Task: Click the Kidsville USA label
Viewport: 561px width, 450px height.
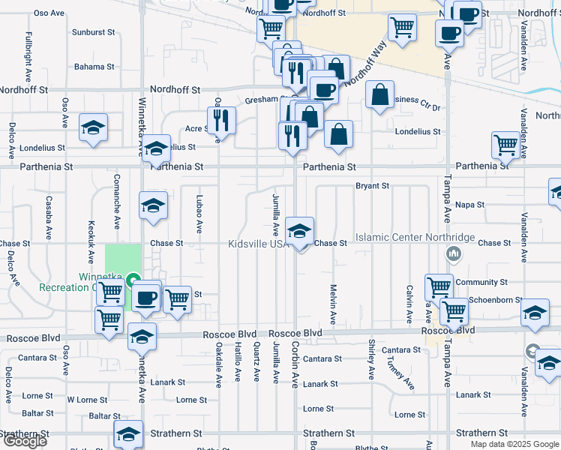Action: coord(259,244)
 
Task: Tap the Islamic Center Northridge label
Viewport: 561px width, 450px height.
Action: coord(415,238)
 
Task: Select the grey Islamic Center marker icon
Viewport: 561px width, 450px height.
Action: coord(452,255)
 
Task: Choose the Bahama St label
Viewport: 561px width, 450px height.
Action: coord(94,67)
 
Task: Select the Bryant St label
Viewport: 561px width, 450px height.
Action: coord(372,185)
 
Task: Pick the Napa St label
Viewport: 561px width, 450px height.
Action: coord(469,204)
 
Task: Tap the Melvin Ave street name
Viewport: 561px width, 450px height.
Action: coord(333,302)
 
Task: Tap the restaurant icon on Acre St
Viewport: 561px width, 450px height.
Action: coord(221,118)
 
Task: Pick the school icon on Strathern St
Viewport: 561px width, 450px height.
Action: coord(128,433)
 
